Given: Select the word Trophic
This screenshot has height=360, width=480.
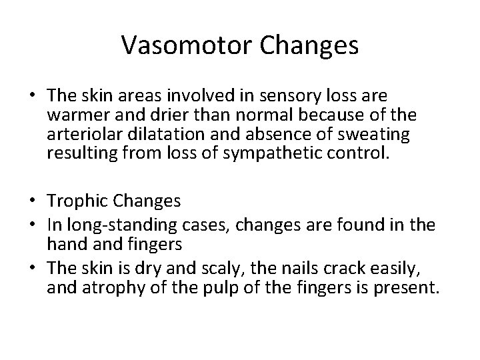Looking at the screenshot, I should [75, 201].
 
